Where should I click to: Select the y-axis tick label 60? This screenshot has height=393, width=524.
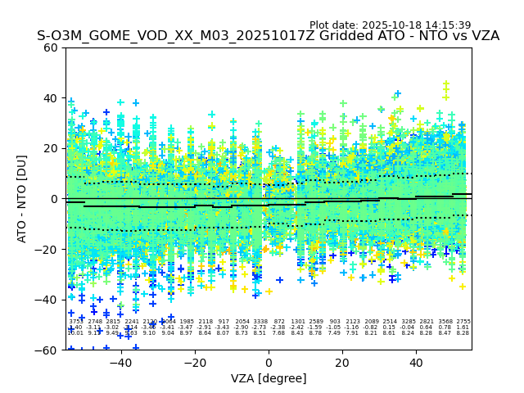coord(51,47)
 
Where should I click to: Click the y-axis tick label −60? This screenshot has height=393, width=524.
coord(47,350)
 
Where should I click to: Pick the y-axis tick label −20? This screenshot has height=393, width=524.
coord(47,249)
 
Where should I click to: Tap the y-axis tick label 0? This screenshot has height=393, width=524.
coord(54,199)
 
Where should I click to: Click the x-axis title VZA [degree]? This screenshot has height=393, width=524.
coord(269,378)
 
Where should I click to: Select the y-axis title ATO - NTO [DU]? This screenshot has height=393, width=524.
coord(23,198)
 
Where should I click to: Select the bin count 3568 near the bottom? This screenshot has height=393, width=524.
coord(445,322)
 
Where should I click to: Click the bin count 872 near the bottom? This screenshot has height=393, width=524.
coord(279,322)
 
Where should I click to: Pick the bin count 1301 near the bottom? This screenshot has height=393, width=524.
coord(297,322)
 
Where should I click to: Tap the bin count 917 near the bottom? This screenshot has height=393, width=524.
coord(224,322)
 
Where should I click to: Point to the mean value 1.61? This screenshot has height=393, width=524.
coord(463,327)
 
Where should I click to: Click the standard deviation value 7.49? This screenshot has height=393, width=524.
coord(334,333)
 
